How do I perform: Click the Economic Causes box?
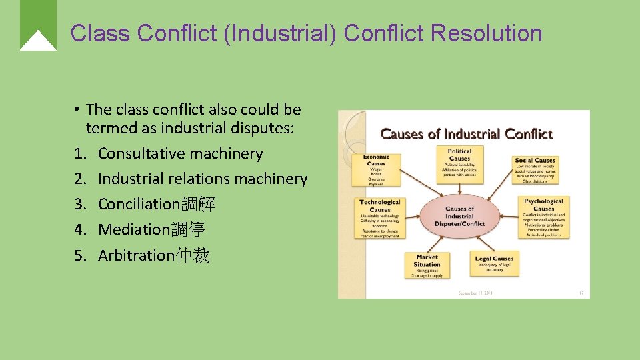click(376, 169)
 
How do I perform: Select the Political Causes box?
click(460, 163)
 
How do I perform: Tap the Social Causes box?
click(535, 169)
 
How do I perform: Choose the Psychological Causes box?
click(543, 216)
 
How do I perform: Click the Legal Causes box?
click(494, 263)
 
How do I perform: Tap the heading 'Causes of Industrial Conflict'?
click(467, 133)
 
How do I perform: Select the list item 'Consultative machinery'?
click(180, 153)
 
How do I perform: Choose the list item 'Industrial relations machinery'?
click(202, 179)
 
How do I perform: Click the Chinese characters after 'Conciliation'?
click(198, 204)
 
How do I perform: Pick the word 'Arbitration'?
click(136, 255)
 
